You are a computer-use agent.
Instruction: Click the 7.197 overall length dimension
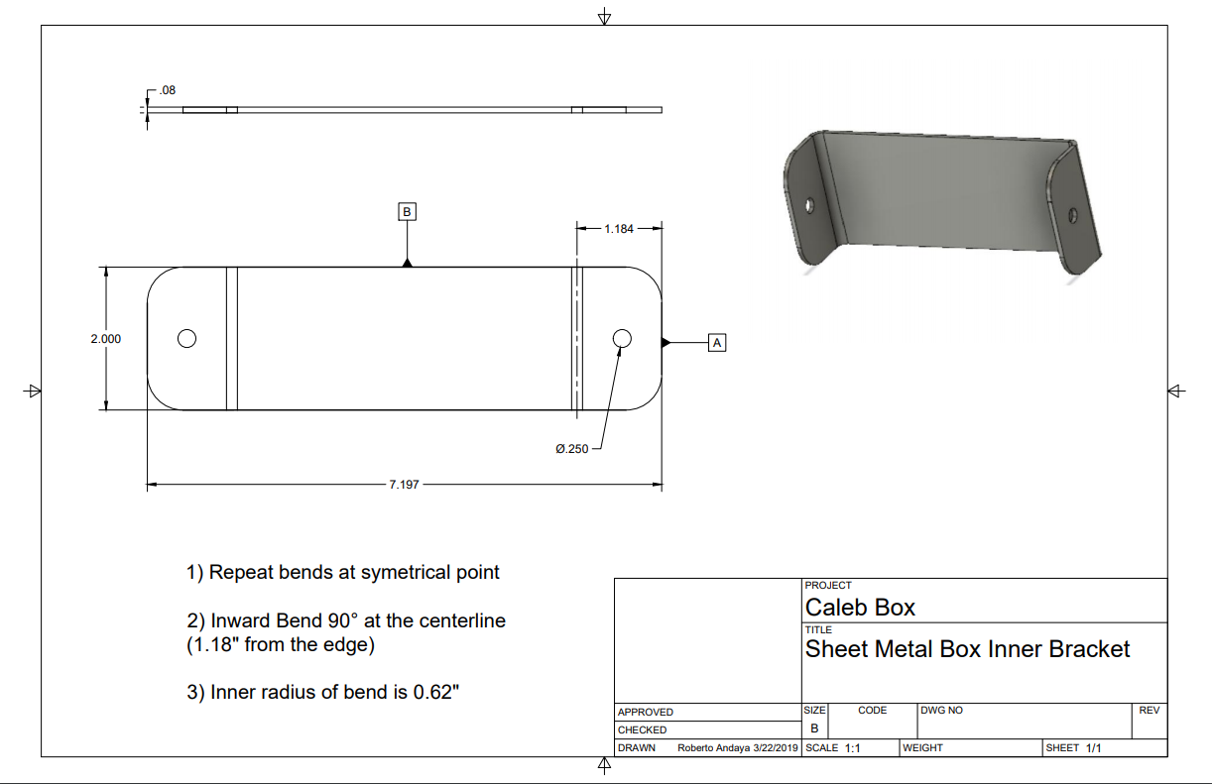click(x=404, y=485)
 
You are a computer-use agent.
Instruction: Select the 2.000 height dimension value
click(x=106, y=339)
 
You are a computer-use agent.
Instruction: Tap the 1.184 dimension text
click(x=618, y=229)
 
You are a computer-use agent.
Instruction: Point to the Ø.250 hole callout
click(x=572, y=449)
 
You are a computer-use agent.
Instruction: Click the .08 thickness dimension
click(x=167, y=90)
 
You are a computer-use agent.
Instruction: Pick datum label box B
click(x=407, y=211)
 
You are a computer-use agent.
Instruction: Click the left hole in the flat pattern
click(x=186, y=339)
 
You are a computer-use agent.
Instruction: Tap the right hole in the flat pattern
click(x=622, y=339)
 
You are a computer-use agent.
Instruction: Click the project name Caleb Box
click(x=860, y=607)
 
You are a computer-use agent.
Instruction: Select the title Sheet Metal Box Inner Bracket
click(x=967, y=649)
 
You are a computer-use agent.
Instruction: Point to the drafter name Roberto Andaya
click(x=713, y=748)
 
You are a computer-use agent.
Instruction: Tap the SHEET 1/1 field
click(x=1073, y=748)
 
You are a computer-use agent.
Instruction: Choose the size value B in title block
click(x=814, y=728)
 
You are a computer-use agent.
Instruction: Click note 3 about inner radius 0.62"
click(x=324, y=692)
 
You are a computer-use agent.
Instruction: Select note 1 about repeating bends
click(x=343, y=572)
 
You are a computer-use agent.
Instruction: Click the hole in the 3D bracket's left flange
click(x=809, y=205)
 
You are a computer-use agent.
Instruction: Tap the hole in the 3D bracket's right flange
click(x=1072, y=212)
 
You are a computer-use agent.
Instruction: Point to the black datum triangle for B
click(x=407, y=263)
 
